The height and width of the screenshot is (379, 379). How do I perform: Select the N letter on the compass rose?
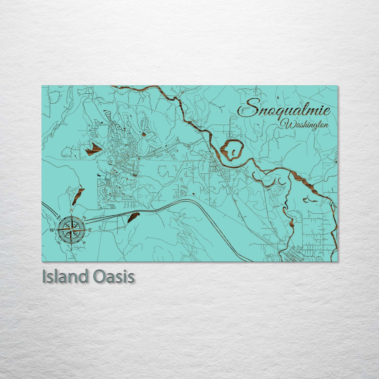point(71,210)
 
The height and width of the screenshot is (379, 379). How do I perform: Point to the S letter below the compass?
point(71,249)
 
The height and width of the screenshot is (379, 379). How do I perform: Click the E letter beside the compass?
point(90,230)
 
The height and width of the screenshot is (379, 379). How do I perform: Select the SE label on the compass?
point(84,243)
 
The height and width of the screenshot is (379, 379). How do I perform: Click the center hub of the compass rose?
point(71,230)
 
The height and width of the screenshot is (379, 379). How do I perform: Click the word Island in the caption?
point(65,277)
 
